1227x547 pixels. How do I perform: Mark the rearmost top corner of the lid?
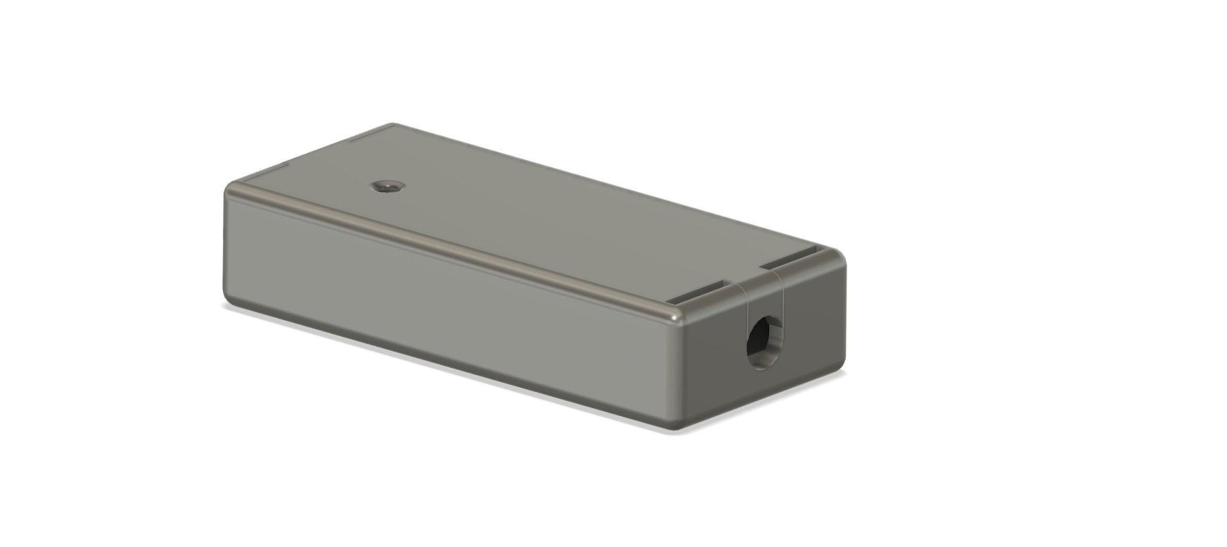pyautogui.click(x=392, y=126)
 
